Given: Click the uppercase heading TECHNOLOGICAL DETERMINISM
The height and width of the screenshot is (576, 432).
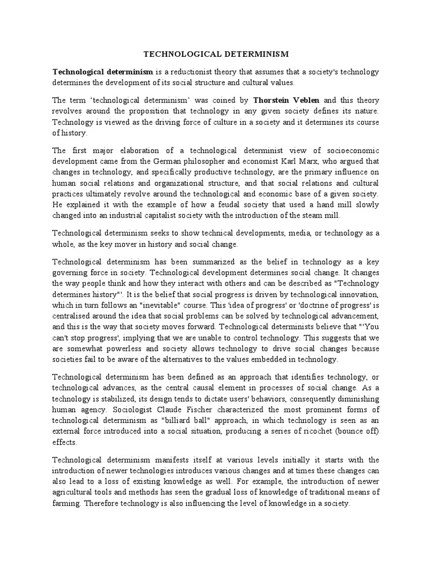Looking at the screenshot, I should coord(216,54).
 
